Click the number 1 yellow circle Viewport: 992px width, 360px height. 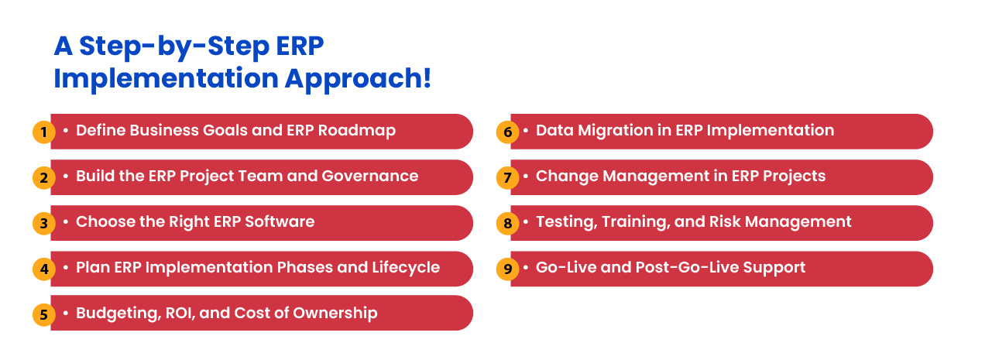coord(43,132)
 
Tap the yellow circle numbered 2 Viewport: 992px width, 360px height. coord(43,177)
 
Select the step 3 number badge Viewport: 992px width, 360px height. coord(43,223)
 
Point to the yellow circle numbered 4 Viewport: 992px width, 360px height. coord(43,269)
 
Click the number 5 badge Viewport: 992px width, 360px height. coord(43,314)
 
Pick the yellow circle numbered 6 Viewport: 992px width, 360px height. coord(507,132)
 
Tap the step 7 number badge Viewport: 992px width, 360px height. coord(507,177)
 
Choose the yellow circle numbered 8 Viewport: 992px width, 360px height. coord(507,223)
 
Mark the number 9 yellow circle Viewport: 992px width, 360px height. coord(507,269)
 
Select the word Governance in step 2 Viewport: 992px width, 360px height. coord(374,176)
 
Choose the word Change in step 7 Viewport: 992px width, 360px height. coord(563,176)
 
